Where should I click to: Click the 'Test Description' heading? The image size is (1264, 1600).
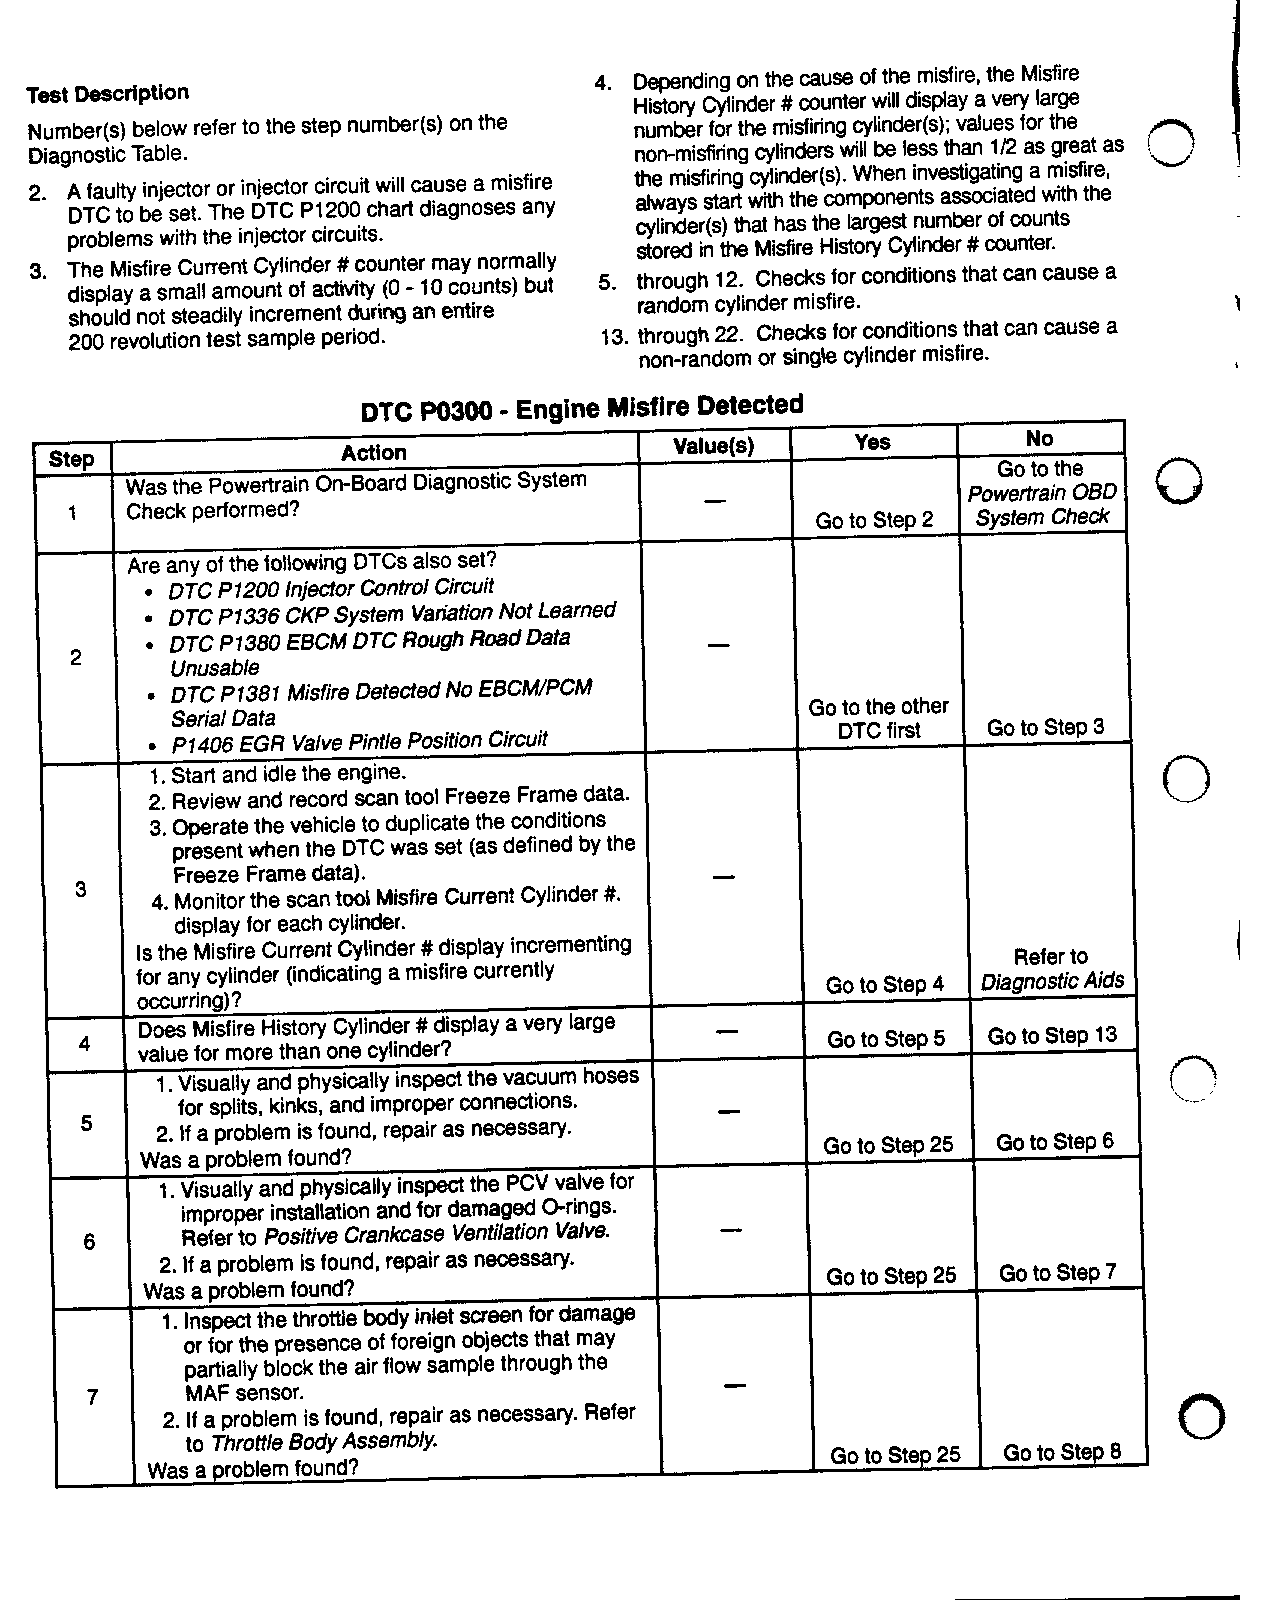point(107,94)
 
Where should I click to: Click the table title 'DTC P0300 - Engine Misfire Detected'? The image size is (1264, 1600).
point(581,408)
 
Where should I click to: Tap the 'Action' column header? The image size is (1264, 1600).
point(373,453)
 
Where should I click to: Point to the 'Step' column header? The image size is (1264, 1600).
point(71,460)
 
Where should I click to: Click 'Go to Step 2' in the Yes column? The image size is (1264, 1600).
point(874,520)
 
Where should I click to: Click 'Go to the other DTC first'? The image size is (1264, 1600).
point(878,718)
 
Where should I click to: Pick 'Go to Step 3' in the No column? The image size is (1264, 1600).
point(1045,727)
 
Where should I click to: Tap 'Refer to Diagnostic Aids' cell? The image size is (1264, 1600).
point(1051,969)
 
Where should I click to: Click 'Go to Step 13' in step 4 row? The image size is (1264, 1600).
point(1052,1036)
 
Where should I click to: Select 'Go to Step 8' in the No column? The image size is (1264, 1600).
point(1062,1452)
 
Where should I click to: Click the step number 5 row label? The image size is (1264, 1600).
point(86,1123)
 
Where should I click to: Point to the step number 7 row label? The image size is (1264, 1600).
point(92,1397)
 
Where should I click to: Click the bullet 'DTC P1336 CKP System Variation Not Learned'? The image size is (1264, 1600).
point(391,613)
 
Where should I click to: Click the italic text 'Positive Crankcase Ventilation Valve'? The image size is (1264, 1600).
point(436,1233)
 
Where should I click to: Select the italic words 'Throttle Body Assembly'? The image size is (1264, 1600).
point(324,1442)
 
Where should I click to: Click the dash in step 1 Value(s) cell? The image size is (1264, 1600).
point(714,500)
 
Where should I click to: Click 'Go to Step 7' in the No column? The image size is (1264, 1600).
point(1057,1273)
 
